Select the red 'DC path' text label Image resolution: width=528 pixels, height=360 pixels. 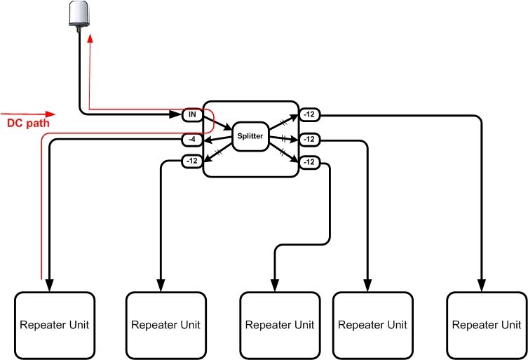pos(27,124)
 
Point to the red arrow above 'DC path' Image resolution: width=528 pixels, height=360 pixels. pos(28,113)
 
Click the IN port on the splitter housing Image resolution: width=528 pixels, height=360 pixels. pos(192,114)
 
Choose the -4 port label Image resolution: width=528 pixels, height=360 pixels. pos(192,139)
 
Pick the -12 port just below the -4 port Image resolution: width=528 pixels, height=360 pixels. pos(192,161)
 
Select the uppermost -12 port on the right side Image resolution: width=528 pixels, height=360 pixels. pos(309,114)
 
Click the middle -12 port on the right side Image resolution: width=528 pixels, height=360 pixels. pos(309,139)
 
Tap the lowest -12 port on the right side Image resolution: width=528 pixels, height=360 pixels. pos(309,162)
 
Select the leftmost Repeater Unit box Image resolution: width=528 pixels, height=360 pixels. pos(55,325)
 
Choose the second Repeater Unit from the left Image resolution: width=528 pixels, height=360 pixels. pos(165,325)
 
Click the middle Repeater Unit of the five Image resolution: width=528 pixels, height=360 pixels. pos(280,325)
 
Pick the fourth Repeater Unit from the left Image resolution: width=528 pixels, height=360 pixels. pos(372,325)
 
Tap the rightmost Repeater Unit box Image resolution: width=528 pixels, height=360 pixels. pos(486,325)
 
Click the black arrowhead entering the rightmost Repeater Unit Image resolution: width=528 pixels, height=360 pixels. pos(482,285)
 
